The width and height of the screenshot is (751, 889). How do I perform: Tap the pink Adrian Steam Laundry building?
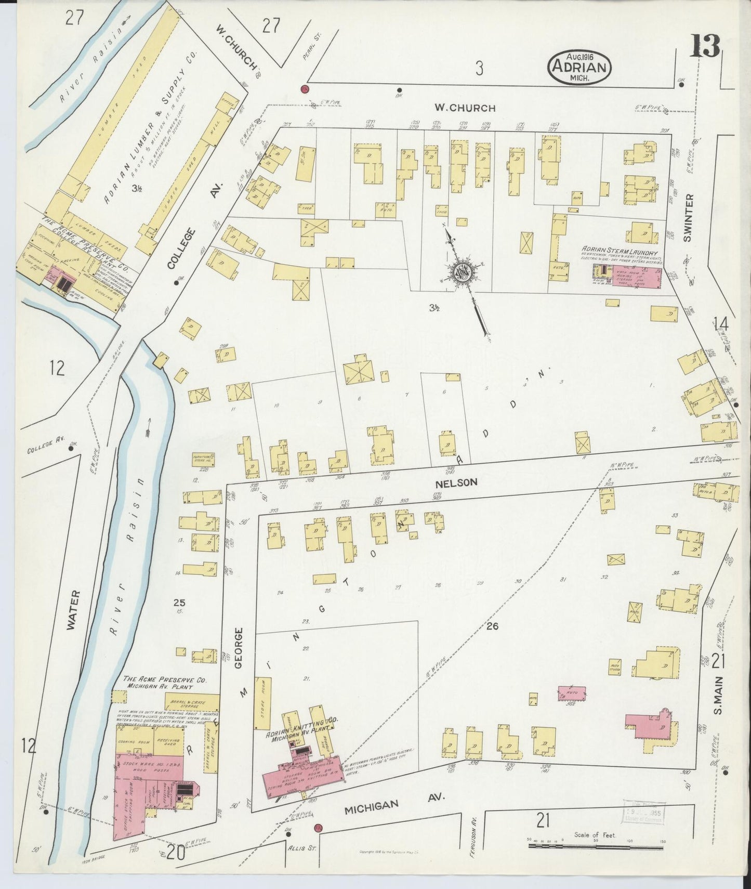[637, 277]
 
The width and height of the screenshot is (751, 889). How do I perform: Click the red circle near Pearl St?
[305, 88]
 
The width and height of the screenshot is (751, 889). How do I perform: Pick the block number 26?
[492, 626]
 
